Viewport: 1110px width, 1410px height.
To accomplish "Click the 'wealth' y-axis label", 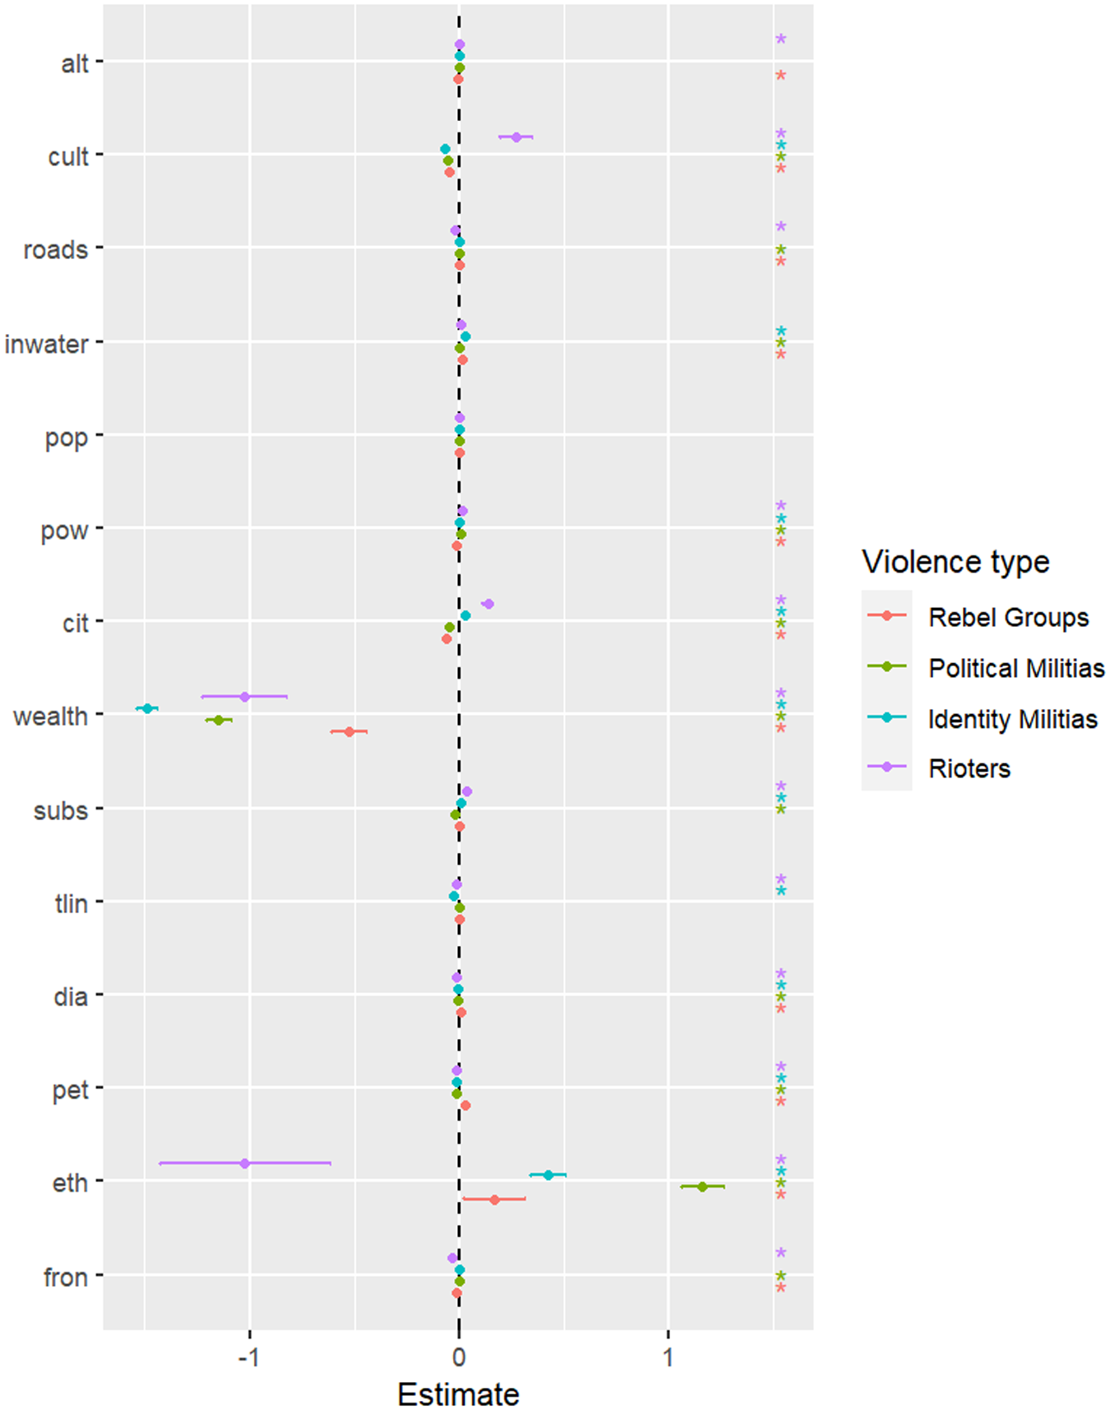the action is pos(50,717).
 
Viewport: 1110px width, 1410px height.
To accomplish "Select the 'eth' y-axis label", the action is pos(70,1183).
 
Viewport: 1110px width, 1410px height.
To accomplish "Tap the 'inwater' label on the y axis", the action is pos(46,343).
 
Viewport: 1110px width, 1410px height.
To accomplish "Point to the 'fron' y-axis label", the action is pos(66,1277).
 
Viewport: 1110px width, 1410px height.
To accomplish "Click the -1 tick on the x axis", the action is pos(249,1355).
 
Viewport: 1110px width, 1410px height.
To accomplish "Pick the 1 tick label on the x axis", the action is pos(668,1355).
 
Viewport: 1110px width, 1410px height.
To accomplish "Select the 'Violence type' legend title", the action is pos(955,562).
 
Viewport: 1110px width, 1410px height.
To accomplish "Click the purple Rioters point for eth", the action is pos(244,1163).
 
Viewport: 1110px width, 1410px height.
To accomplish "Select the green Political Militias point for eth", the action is pos(702,1186).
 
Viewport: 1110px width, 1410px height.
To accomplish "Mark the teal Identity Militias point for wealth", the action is pos(147,708).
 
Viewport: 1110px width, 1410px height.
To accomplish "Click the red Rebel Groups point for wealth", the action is pos(349,731).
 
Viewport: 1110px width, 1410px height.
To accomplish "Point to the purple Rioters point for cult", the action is pos(516,137).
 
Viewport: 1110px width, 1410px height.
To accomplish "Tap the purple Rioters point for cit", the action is pos(488,604).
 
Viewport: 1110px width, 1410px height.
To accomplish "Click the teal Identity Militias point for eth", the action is pos(548,1175).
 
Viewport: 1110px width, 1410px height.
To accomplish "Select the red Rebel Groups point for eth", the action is pos(494,1199).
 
